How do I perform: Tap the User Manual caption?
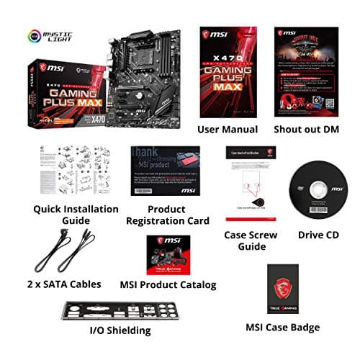(228, 129)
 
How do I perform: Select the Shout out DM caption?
(307, 129)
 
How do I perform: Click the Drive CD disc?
(316, 187)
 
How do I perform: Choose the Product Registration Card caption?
(168, 215)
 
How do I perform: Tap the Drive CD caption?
(319, 235)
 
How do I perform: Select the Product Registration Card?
(166, 171)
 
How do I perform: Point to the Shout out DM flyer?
(306, 71)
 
